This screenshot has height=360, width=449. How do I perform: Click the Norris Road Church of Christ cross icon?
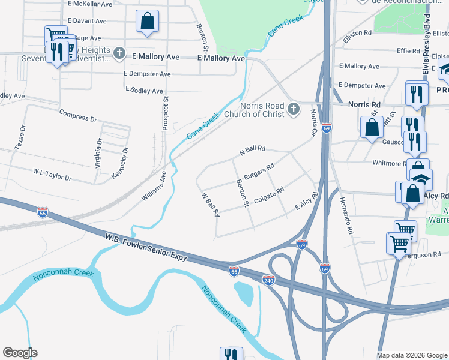293,109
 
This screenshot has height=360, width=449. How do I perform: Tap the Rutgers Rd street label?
259,170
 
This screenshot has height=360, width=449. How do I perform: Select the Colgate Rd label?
268,196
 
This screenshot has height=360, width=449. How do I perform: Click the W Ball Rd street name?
208,205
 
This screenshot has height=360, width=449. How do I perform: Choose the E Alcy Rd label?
306,202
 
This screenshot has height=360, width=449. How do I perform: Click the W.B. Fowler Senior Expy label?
148,247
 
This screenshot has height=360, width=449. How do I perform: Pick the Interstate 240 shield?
268,280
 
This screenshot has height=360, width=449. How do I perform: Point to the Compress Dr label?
78,116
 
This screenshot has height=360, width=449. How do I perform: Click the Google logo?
20,353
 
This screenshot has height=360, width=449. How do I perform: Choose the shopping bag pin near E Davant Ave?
146,22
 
